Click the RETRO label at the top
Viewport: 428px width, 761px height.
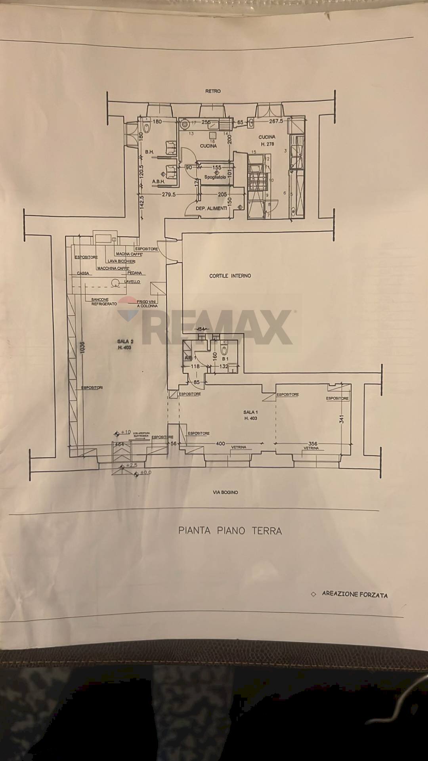tap(213, 91)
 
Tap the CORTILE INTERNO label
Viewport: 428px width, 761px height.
tap(230, 276)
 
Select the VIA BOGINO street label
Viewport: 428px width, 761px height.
tap(225, 492)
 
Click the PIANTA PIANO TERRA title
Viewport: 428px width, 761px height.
tap(230, 531)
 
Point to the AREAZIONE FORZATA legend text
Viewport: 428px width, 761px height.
tap(354, 594)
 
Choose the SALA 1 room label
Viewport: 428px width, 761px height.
tap(250, 415)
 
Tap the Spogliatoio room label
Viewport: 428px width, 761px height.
tap(215, 177)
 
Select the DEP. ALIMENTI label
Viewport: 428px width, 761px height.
tap(211, 208)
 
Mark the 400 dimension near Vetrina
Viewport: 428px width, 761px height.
tap(220, 444)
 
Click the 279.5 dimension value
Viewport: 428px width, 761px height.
tap(168, 195)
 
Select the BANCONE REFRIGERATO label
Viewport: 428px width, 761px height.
tap(104, 302)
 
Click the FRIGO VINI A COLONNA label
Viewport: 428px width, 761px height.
tap(147, 304)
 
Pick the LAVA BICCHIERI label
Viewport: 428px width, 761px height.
tap(122, 262)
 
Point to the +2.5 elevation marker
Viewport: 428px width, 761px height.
tap(131, 465)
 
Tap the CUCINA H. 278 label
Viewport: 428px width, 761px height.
tap(267, 141)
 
